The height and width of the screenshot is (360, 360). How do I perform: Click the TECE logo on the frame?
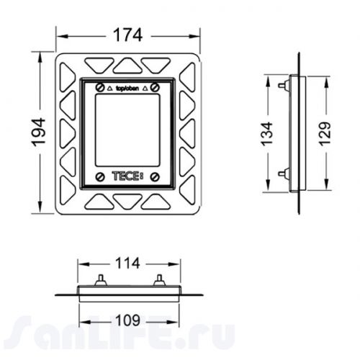tap(125, 175)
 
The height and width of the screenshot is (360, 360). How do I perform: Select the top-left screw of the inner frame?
tap(98, 86)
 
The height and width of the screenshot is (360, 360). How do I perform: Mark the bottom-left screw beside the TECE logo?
tap(98, 175)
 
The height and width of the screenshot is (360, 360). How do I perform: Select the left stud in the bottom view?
tap(99, 279)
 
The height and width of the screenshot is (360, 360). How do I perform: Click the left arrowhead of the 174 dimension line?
tap(60, 34)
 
